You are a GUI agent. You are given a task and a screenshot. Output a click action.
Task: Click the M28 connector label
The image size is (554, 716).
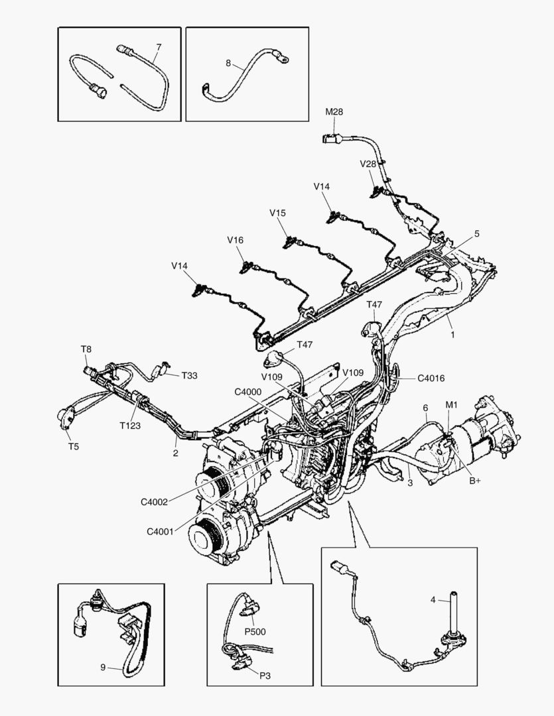(334, 111)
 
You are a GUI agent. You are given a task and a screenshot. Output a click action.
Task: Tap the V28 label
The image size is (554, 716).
(368, 164)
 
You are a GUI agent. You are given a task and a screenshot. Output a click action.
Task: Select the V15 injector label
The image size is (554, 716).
(277, 213)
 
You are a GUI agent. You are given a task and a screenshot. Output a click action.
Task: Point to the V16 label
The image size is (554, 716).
(236, 239)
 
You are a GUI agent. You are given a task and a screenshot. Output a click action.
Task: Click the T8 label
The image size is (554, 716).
(86, 349)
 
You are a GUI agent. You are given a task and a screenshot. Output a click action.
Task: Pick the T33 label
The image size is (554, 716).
(189, 375)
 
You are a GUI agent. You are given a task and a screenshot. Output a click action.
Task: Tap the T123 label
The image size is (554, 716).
(130, 426)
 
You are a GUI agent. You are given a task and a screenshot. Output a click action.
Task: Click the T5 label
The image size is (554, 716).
(74, 446)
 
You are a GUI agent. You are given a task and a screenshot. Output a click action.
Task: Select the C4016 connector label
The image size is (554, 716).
(431, 379)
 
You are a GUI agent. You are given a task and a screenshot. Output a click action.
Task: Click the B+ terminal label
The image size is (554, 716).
(475, 481)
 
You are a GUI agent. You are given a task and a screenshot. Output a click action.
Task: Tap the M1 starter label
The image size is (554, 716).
(451, 404)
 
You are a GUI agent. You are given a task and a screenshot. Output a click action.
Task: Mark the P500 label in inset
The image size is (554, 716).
(255, 631)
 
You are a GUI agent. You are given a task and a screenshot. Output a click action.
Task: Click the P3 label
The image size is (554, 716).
(265, 675)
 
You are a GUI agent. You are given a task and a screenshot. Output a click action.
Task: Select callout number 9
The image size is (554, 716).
(103, 668)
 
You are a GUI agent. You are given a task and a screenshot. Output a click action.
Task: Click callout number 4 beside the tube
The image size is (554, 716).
(433, 600)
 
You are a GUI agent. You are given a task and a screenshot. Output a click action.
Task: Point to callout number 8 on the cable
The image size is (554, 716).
(228, 64)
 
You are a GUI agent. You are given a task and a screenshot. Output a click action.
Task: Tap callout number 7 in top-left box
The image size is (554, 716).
(159, 47)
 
